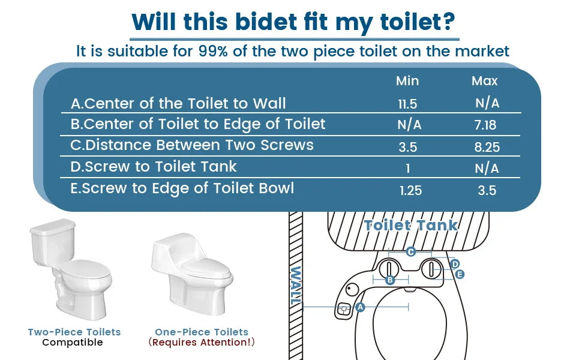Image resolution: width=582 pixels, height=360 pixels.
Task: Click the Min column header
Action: click(407, 81)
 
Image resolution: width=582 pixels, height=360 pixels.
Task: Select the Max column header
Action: click(485, 81)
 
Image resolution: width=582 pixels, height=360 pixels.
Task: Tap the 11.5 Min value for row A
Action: click(407, 104)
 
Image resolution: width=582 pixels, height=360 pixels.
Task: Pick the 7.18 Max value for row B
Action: click(486, 125)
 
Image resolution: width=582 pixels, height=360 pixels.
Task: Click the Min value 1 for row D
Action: click(408, 169)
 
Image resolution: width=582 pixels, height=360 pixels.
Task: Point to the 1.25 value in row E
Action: click(411, 191)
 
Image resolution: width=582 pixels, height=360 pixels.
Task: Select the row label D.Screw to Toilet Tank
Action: click(154, 167)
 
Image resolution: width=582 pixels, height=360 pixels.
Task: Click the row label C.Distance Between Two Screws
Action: click(192, 145)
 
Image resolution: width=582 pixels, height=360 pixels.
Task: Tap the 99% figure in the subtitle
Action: click(214, 51)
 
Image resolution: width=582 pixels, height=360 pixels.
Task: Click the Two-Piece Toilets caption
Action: click(74, 332)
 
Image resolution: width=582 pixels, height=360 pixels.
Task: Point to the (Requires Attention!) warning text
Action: click(202, 343)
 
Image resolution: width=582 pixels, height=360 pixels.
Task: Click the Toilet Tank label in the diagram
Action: click(411, 226)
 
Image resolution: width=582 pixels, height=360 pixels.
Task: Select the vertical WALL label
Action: click(295, 287)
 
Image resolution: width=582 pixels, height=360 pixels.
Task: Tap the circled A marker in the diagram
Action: click(360, 307)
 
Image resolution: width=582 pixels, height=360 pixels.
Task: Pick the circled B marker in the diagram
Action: click(389, 280)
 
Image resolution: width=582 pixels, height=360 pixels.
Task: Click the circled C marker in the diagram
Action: click(410, 251)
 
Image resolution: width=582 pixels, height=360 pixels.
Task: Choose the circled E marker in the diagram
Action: click(460, 274)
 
